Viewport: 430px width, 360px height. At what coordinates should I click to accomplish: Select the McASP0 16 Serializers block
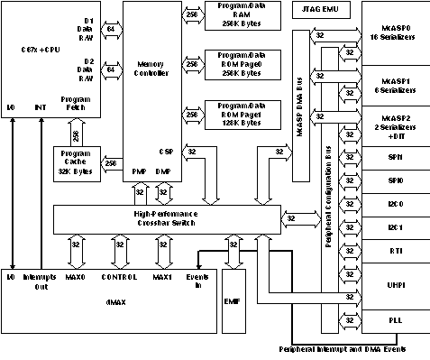(x=395, y=32)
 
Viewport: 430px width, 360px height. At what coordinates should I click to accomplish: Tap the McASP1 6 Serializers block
(x=395, y=86)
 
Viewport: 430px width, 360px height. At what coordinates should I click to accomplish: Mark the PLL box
(x=395, y=319)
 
